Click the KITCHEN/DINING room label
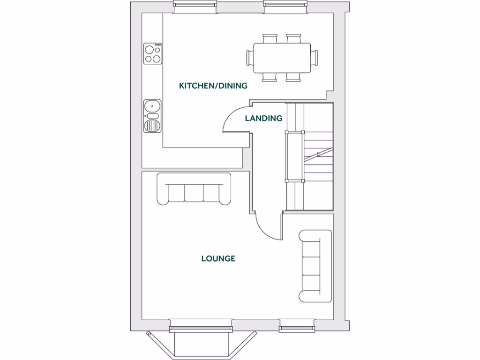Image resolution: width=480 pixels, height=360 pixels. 213,86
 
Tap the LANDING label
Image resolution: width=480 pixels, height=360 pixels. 263,118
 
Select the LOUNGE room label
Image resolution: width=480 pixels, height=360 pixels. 218,258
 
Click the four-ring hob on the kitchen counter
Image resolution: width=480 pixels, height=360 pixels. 153,53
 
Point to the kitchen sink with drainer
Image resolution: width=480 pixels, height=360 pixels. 152,116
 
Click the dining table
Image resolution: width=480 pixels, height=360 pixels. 282,58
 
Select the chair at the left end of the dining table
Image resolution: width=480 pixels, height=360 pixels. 249,58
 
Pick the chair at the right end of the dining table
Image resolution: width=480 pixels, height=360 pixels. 315,58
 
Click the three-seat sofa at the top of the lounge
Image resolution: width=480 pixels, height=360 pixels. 194,189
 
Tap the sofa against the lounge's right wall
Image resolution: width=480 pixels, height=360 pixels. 315,266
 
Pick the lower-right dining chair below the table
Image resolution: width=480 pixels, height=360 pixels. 294,78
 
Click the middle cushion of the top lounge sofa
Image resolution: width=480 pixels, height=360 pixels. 194,193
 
